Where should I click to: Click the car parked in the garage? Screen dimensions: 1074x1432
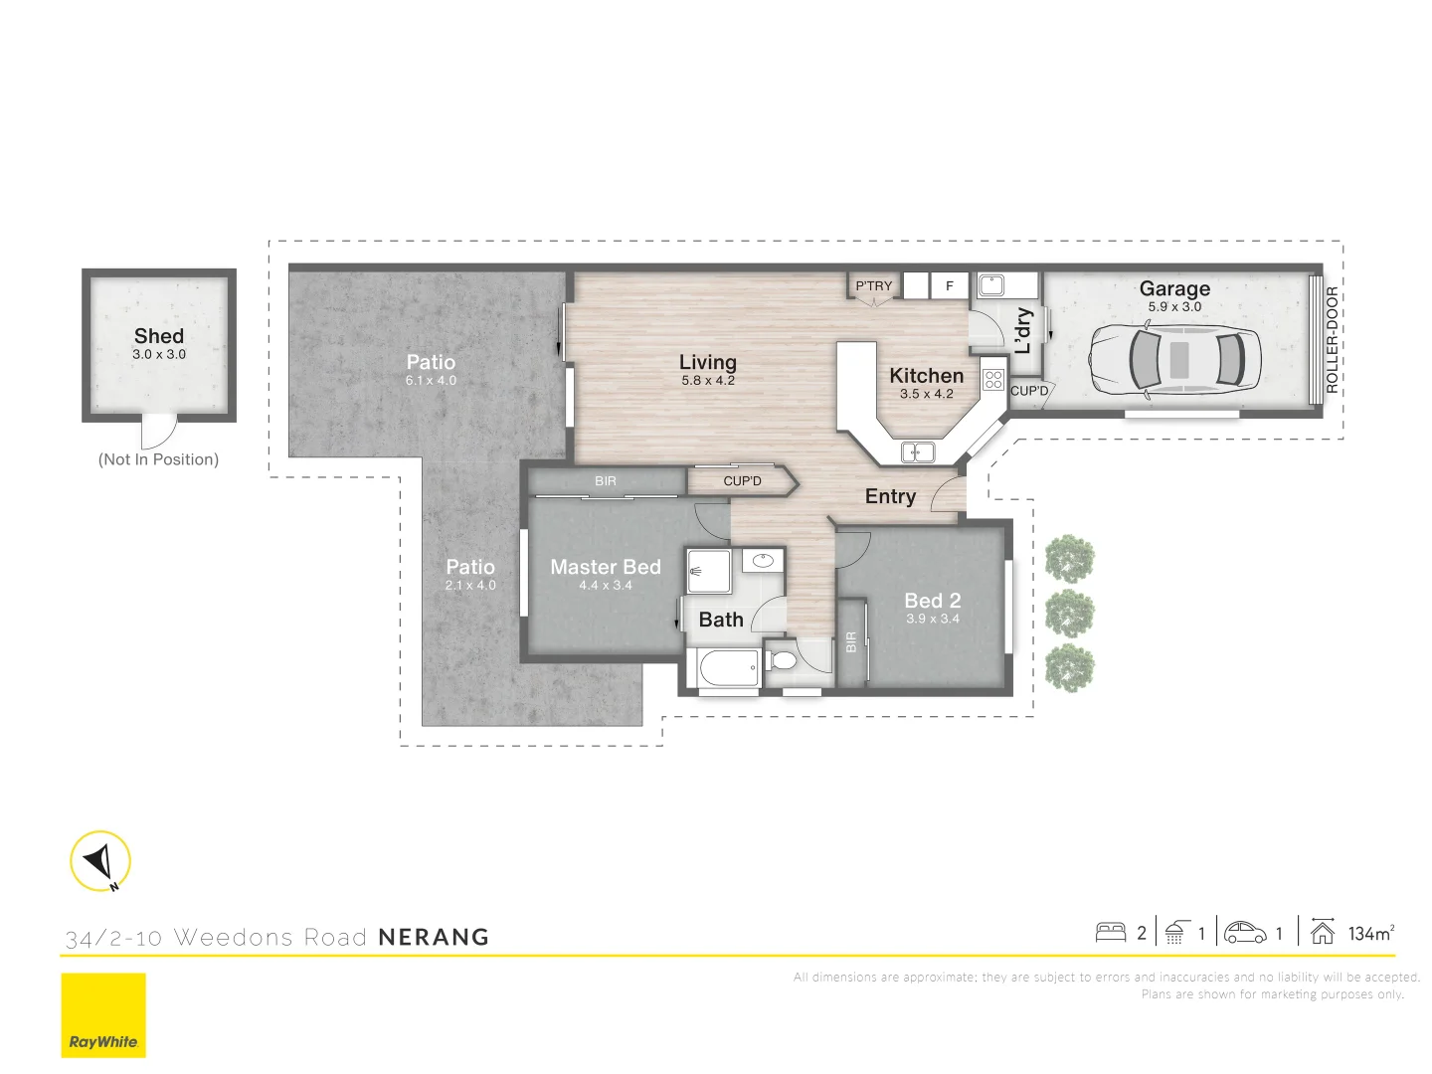(1174, 359)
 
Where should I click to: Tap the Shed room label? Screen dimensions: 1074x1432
(159, 336)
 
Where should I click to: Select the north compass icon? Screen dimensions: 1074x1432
(100, 861)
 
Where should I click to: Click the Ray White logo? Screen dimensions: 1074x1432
(103, 1015)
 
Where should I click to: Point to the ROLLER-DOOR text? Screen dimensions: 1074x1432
(1332, 339)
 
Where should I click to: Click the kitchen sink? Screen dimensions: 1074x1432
(917, 452)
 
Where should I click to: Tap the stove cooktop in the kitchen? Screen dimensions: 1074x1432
(992, 378)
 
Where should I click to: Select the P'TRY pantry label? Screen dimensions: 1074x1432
(874, 286)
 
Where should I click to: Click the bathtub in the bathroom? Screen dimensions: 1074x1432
(728, 668)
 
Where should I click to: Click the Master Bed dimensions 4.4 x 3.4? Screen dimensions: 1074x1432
(605, 586)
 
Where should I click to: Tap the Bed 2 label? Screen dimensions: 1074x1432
(932, 601)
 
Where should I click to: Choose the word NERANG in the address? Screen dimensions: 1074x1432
(434, 937)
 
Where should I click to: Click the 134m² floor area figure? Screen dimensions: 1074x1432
(1370, 933)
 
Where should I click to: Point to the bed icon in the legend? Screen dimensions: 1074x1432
(1110, 933)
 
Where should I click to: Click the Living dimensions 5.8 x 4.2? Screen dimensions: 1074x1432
(707, 381)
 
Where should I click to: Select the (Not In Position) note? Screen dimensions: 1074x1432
(158, 459)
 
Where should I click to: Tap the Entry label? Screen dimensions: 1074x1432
(890, 496)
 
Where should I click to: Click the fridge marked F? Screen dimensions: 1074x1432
(949, 286)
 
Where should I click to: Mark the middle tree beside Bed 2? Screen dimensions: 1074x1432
(1070, 614)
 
